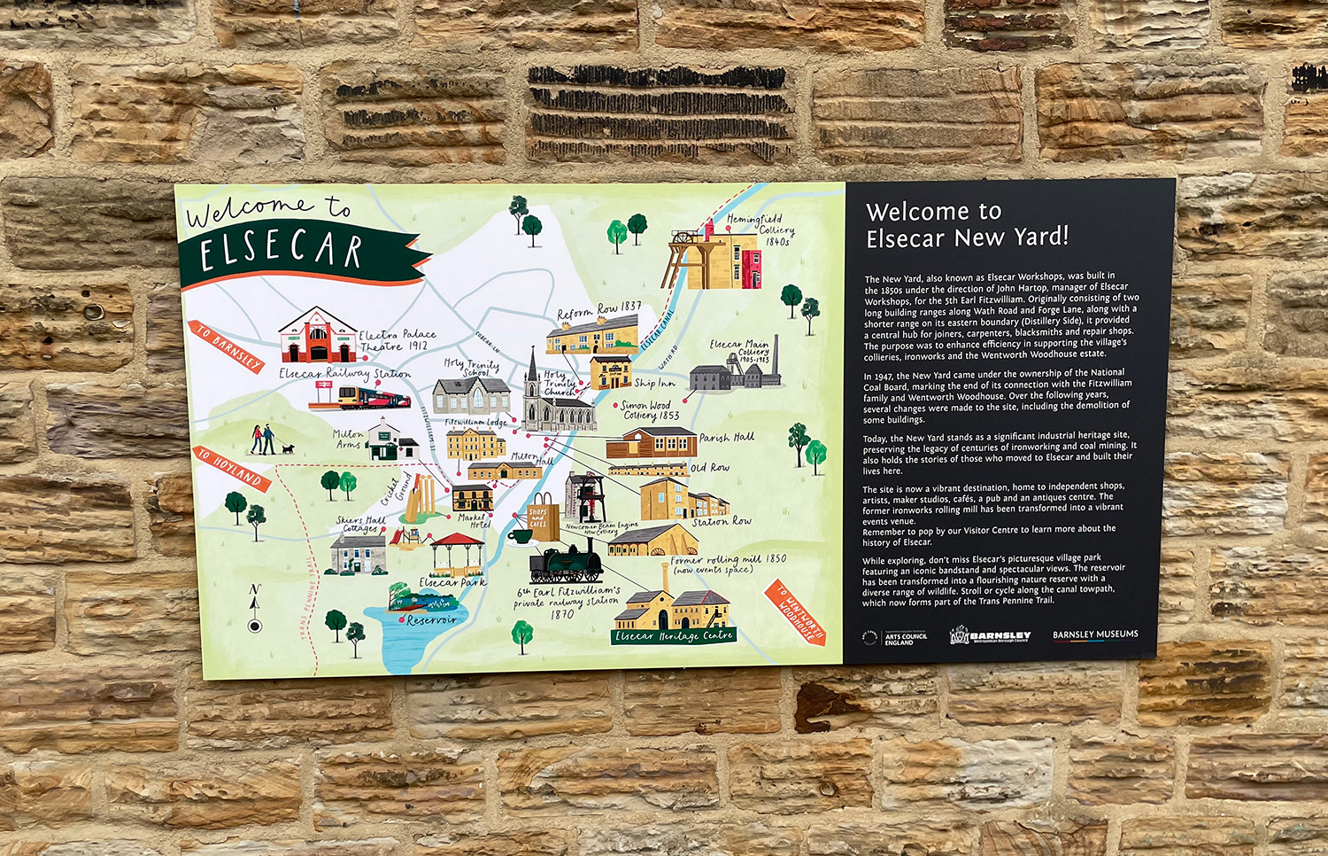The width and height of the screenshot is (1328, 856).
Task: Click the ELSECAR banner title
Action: (281, 252)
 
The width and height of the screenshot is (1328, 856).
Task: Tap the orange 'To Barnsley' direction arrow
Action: (227, 346)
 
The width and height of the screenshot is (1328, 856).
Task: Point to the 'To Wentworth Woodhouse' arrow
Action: (799, 612)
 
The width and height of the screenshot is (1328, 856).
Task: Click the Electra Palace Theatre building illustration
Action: (316, 337)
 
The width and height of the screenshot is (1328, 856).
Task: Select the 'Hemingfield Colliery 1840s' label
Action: (761, 229)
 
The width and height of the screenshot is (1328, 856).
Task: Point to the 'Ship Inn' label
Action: (654, 383)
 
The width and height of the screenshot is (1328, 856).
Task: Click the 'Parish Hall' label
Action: (726, 438)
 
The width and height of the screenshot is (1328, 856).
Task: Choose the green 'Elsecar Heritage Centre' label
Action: (673, 635)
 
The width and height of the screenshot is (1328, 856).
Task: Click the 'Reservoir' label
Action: (431, 620)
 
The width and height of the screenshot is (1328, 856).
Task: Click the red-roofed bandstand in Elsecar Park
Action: (457, 554)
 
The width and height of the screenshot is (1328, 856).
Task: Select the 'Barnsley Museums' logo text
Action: (1095, 634)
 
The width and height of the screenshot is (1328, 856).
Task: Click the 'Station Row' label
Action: (722, 522)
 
